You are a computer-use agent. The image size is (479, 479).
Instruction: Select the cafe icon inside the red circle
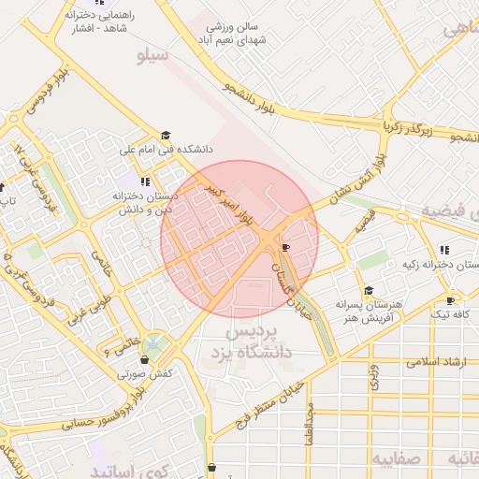(285, 248)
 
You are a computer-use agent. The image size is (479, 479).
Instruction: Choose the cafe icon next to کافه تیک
(451, 300)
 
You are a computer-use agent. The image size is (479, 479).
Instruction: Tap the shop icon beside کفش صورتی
(144, 359)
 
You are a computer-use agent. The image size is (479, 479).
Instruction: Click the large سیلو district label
(152, 57)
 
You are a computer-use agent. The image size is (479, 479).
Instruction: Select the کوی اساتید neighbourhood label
(131, 470)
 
